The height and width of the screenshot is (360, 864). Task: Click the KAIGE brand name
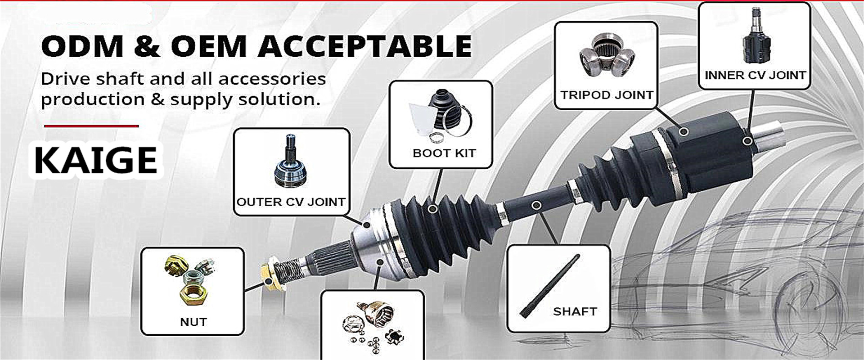96,160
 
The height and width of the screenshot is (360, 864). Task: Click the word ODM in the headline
82,46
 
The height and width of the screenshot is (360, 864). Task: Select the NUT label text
193,322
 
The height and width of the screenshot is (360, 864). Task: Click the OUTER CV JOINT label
291,202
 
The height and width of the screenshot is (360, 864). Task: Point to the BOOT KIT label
444,153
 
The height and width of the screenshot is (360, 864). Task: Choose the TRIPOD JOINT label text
607,95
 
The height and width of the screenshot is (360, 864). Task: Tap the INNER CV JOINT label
755,75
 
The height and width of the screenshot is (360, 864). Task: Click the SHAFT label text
575,311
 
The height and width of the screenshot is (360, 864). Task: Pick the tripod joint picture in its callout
607,56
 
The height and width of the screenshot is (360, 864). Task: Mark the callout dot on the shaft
536,206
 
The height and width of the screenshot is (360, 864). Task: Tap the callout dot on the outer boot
432,209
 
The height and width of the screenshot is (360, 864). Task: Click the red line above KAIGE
91,126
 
